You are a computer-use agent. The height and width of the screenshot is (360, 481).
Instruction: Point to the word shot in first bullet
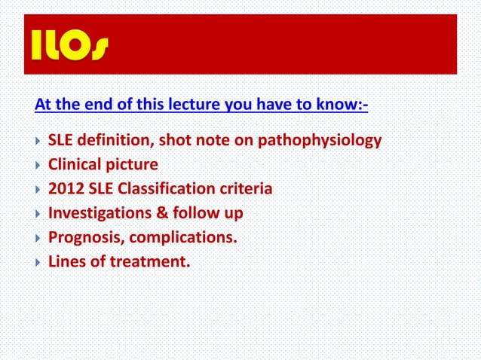(x=175, y=141)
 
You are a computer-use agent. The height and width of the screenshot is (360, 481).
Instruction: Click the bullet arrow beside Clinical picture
(x=37, y=165)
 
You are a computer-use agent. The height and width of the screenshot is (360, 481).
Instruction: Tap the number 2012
(x=66, y=189)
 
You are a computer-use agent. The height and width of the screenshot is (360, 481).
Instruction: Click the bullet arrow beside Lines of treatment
(x=37, y=262)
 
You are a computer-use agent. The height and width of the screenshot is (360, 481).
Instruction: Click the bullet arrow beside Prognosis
(x=37, y=238)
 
